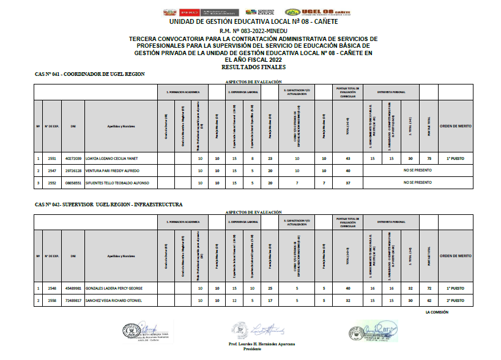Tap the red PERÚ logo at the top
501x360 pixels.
pyautogui.click(x=191, y=12)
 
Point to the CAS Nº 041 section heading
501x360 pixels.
pyautogui.click(x=90, y=74)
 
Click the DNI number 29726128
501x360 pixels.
pyautogui.click(x=73, y=171)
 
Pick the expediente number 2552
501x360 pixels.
pyautogui.click(x=53, y=182)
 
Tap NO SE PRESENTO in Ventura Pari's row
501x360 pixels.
pyautogui.click(x=418, y=171)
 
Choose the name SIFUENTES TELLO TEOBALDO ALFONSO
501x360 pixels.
pyautogui.click(x=122, y=182)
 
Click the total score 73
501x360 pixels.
pyautogui.click(x=429, y=159)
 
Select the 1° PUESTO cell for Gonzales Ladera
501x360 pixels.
pyautogui.click(x=456, y=288)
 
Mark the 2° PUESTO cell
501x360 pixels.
pyautogui.click(x=456, y=301)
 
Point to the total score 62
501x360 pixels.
pyautogui.click(x=429, y=301)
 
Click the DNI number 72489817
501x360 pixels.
pyautogui.click(x=73, y=301)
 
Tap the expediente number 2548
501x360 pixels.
pyautogui.click(x=53, y=288)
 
